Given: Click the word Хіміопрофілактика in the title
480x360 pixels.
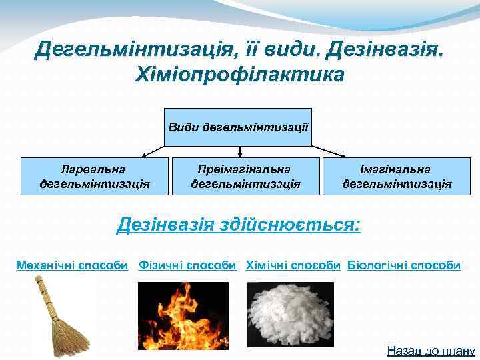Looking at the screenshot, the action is coord(239,74).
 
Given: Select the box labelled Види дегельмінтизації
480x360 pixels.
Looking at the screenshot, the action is coord(238,127).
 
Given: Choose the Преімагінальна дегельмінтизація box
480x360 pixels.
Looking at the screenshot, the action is coord(245,176).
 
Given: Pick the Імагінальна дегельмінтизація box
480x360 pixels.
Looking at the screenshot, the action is coord(397,176).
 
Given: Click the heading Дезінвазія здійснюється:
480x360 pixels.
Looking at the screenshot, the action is coord(239,224).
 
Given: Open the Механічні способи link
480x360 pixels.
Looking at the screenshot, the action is coord(72,265).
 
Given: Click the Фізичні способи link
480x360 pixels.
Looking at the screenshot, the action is coord(187,265).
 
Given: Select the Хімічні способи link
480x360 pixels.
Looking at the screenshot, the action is coord(293,265).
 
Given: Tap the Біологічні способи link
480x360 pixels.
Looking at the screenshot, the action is coord(404,265).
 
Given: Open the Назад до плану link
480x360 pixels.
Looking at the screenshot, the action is coord(431,351).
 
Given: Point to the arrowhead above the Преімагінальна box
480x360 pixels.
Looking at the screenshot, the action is coord(239,154).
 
